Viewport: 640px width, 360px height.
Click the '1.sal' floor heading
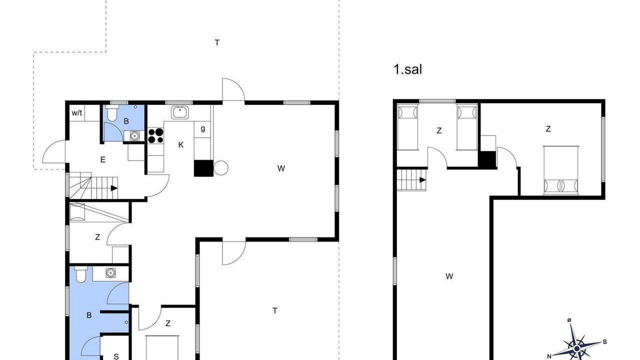[x=407, y=69]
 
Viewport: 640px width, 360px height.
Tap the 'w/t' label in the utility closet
[x=77, y=113]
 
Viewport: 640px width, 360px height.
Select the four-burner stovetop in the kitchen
[x=155, y=135]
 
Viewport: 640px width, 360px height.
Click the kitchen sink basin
[x=180, y=112]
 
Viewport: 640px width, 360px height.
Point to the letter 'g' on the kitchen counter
[x=203, y=128]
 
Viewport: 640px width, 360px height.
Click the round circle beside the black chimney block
[x=221, y=167]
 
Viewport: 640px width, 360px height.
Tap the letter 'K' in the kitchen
[x=181, y=145]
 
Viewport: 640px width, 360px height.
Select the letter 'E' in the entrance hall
[x=103, y=159]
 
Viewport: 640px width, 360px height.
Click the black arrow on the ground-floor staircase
[x=114, y=188]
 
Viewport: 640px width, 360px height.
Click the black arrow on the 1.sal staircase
[x=422, y=180]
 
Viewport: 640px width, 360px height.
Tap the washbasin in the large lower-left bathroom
[x=110, y=273]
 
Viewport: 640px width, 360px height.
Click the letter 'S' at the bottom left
[x=116, y=356]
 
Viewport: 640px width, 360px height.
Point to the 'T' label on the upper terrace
[x=217, y=43]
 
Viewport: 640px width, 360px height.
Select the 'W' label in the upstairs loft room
[x=449, y=276]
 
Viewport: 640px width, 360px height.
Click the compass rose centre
[x=577, y=348]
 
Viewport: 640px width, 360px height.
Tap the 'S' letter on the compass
[x=605, y=341]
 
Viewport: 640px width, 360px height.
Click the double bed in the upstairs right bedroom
[x=561, y=170]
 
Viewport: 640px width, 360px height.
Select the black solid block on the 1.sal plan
[x=487, y=159]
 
